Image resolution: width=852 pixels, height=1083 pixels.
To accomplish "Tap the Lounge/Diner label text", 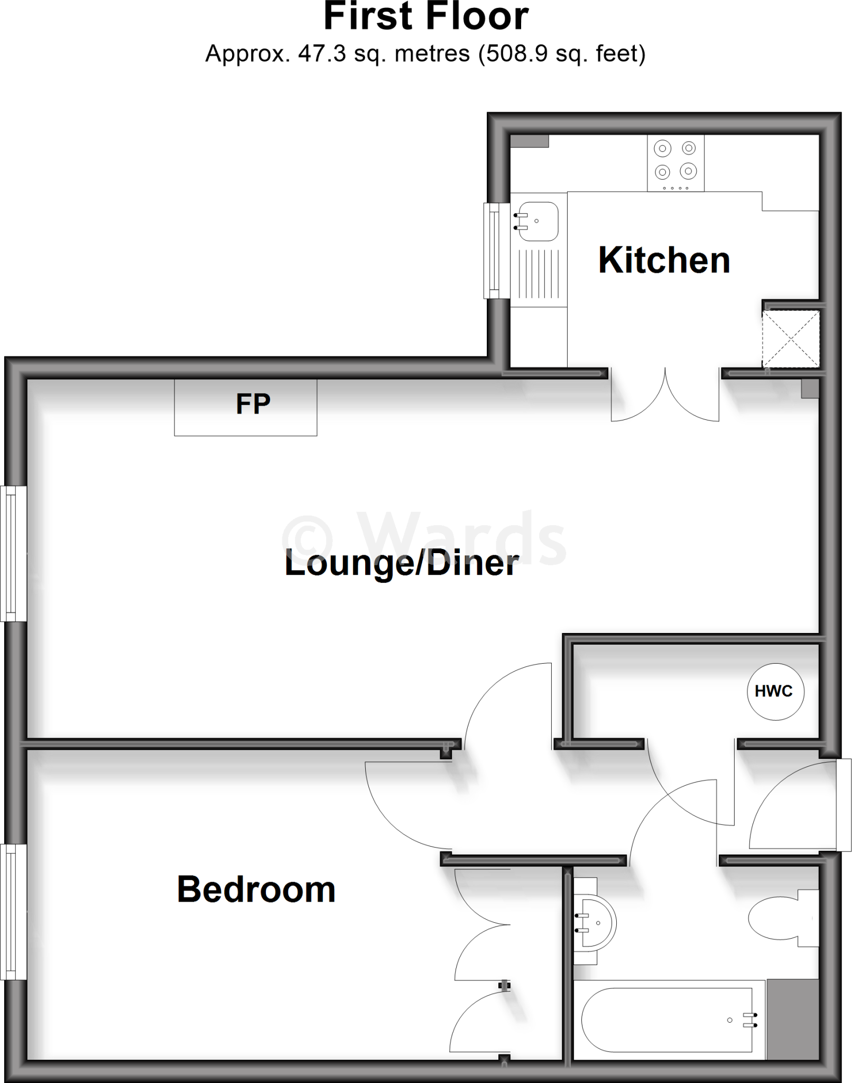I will tap(402, 563).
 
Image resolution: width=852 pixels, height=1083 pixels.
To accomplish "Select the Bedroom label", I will tap(256, 889).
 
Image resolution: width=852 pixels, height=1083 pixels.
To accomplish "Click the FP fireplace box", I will tap(246, 407).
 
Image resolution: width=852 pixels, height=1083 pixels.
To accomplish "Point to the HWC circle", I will tap(775, 691).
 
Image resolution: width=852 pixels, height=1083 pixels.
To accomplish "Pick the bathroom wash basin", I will tap(597, 923).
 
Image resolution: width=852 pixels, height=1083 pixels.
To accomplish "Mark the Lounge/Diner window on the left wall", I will tap(13, 554).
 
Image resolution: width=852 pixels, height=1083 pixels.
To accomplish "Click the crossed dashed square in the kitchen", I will tap(791, 339).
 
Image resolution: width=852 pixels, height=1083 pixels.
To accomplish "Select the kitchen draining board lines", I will tap(539, 274).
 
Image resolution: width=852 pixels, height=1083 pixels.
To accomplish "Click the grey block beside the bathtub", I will tap(793, 1019).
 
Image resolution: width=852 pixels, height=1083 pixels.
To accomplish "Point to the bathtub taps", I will tap(749, 1020).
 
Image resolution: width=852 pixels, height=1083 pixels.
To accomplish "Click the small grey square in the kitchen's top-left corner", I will tap(530, 141).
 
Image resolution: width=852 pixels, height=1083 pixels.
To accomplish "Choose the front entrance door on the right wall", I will tap(844, 805).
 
